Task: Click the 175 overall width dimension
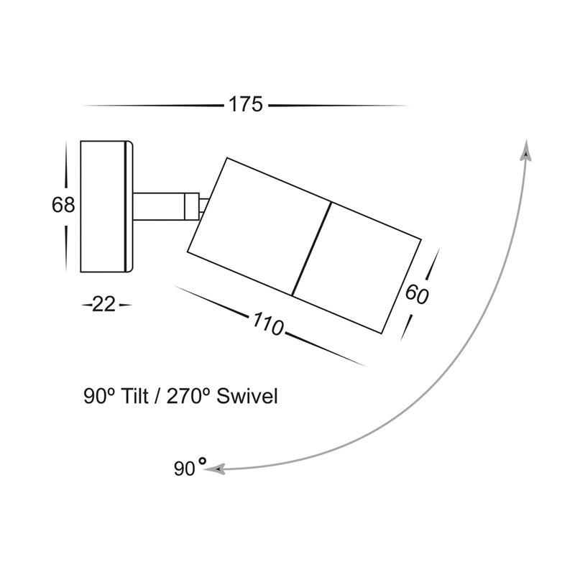(x=246, y=104)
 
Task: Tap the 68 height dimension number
(x=63, y=205)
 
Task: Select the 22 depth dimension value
(x=103, y=304)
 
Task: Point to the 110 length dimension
(x=267, y=324)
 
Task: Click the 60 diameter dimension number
(x=417, y=294)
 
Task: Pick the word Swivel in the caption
(x=247, y=396)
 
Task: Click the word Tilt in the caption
(x=135, y=396)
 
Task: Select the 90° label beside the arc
(x=190, y=468)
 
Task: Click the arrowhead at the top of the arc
(x=527, y=150)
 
